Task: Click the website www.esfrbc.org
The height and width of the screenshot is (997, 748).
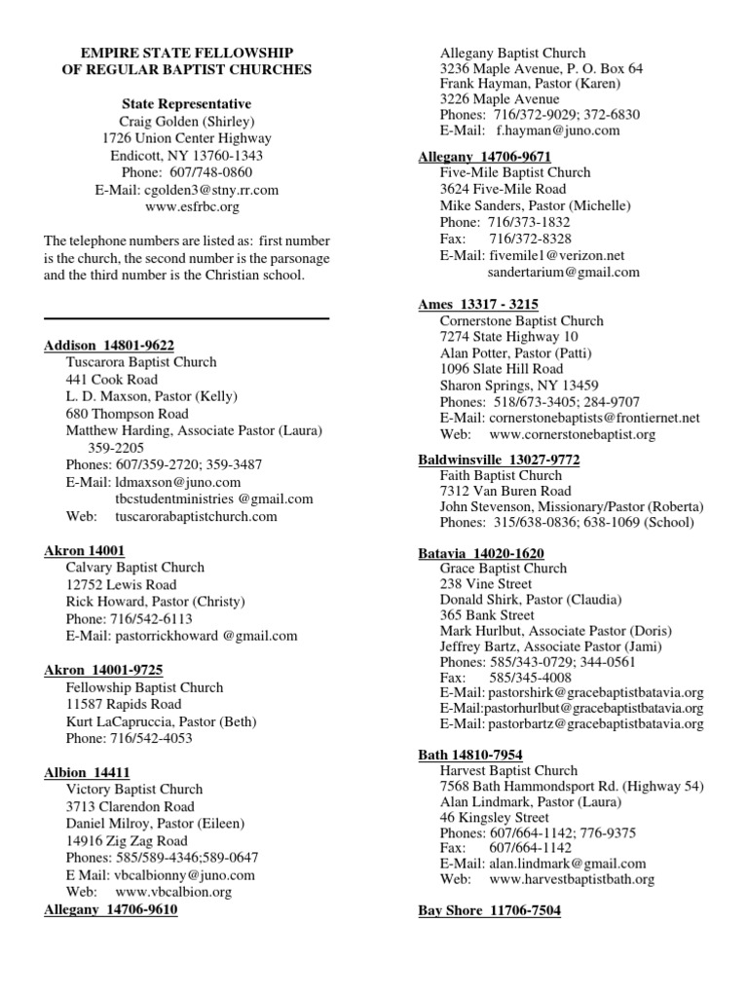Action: coord(186,207)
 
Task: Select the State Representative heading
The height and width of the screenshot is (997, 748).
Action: coord(186,103)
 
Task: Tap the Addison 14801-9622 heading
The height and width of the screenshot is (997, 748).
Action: coord(110,345)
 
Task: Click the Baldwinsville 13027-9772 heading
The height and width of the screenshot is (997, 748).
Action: coord(498,459)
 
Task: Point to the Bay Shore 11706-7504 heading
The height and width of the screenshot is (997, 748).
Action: coord(489,910)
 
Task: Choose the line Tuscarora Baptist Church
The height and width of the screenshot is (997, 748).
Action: coord(142,362)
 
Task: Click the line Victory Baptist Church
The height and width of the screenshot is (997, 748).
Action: coord(134,789)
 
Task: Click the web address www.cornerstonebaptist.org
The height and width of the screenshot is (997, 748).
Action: coord(573,434)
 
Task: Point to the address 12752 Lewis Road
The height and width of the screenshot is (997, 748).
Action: coord(122,584)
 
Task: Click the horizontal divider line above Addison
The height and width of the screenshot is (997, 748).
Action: coord(186,318)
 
